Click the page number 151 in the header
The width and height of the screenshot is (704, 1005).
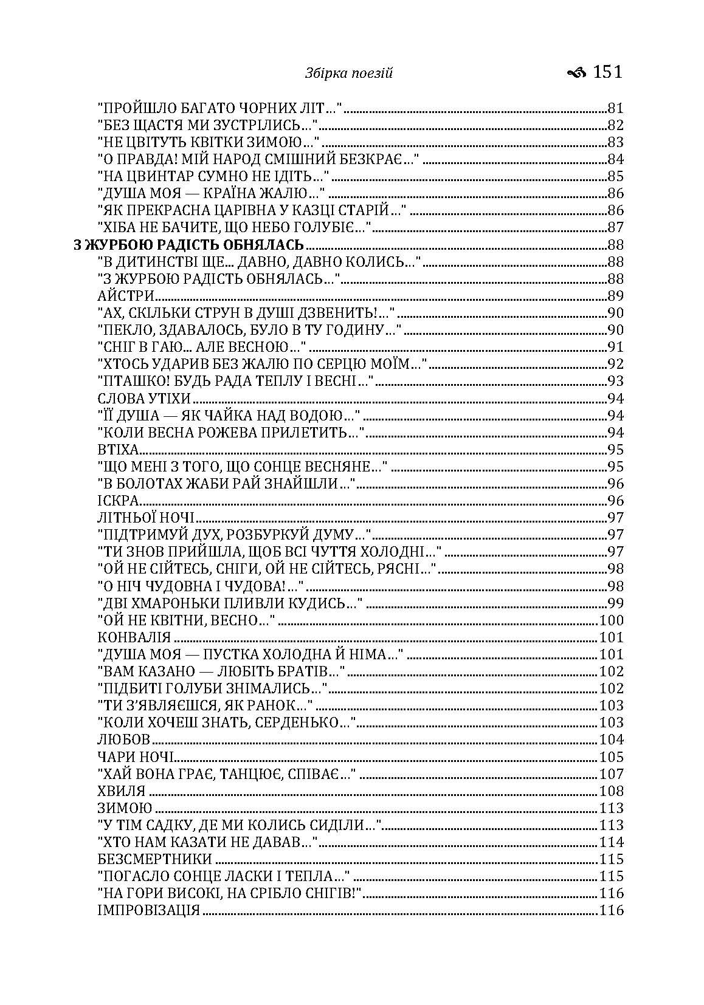(608, 72)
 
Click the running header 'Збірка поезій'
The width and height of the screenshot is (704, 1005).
(348, 74)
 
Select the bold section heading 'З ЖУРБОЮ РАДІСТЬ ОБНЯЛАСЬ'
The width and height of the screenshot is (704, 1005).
(188, 245)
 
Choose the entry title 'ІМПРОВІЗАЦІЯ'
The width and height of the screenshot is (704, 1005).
(149, 910)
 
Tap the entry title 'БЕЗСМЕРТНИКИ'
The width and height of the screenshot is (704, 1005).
(154, 859)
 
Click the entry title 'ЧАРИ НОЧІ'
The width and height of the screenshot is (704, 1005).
(136, 757)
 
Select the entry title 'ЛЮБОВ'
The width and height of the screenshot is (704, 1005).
(123, 740)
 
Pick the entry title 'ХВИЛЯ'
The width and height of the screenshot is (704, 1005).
(122, 791)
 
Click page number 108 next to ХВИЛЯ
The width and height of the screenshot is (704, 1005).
(612, 791)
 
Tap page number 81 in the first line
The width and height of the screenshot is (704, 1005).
(616, 109)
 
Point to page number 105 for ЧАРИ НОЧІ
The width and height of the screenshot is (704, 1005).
(612, 757)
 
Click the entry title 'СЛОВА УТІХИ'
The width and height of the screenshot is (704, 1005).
(144, 399)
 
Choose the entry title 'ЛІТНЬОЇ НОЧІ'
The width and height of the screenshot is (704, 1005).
(146, 518)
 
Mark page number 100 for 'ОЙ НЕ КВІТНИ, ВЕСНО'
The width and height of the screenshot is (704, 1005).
(612, 620)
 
